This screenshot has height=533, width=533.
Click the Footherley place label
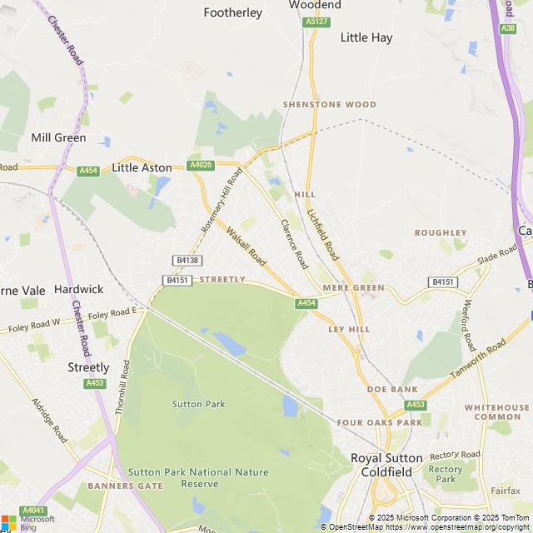(233, 12)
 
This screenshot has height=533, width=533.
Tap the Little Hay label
(366, 37)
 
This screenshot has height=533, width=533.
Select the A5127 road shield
(316, 22)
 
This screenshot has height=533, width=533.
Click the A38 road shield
(508, 28)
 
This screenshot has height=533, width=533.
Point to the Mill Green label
(58, 137)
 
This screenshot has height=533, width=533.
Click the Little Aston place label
(142, 167)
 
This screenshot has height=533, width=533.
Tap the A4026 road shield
(201, 166)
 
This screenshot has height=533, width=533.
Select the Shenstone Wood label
(330, 105)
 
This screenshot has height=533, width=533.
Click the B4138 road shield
(187, 261)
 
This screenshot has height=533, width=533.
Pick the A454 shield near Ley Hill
(306, 303)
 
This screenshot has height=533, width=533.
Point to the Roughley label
(441, 233)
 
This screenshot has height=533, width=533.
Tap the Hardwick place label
(78, 289)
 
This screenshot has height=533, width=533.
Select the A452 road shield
(95, 383)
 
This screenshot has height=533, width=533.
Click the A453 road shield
(416, 405)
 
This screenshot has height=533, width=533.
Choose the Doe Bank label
(392, 389)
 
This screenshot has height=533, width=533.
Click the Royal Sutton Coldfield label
(386, 465)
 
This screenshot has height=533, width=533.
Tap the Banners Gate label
(126, 486)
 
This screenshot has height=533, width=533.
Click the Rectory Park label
(446, 474)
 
